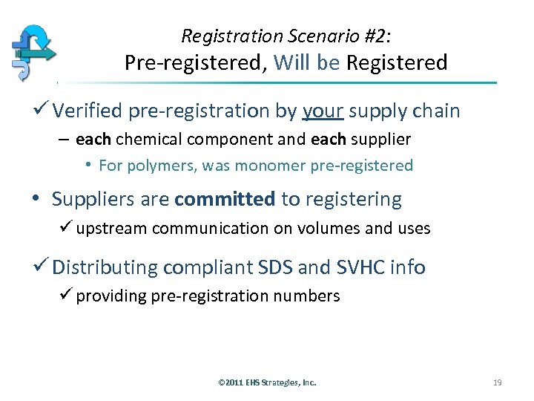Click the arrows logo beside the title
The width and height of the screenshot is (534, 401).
point(33,53)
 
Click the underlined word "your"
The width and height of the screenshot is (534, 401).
point(323,111)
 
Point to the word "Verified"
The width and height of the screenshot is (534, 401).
point(87,111)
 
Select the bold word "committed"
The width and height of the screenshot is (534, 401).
point(225,199)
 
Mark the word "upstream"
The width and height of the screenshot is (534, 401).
point(111,229)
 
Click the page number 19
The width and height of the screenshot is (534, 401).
point(497,382)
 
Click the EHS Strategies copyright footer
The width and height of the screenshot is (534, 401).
point(267,382)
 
